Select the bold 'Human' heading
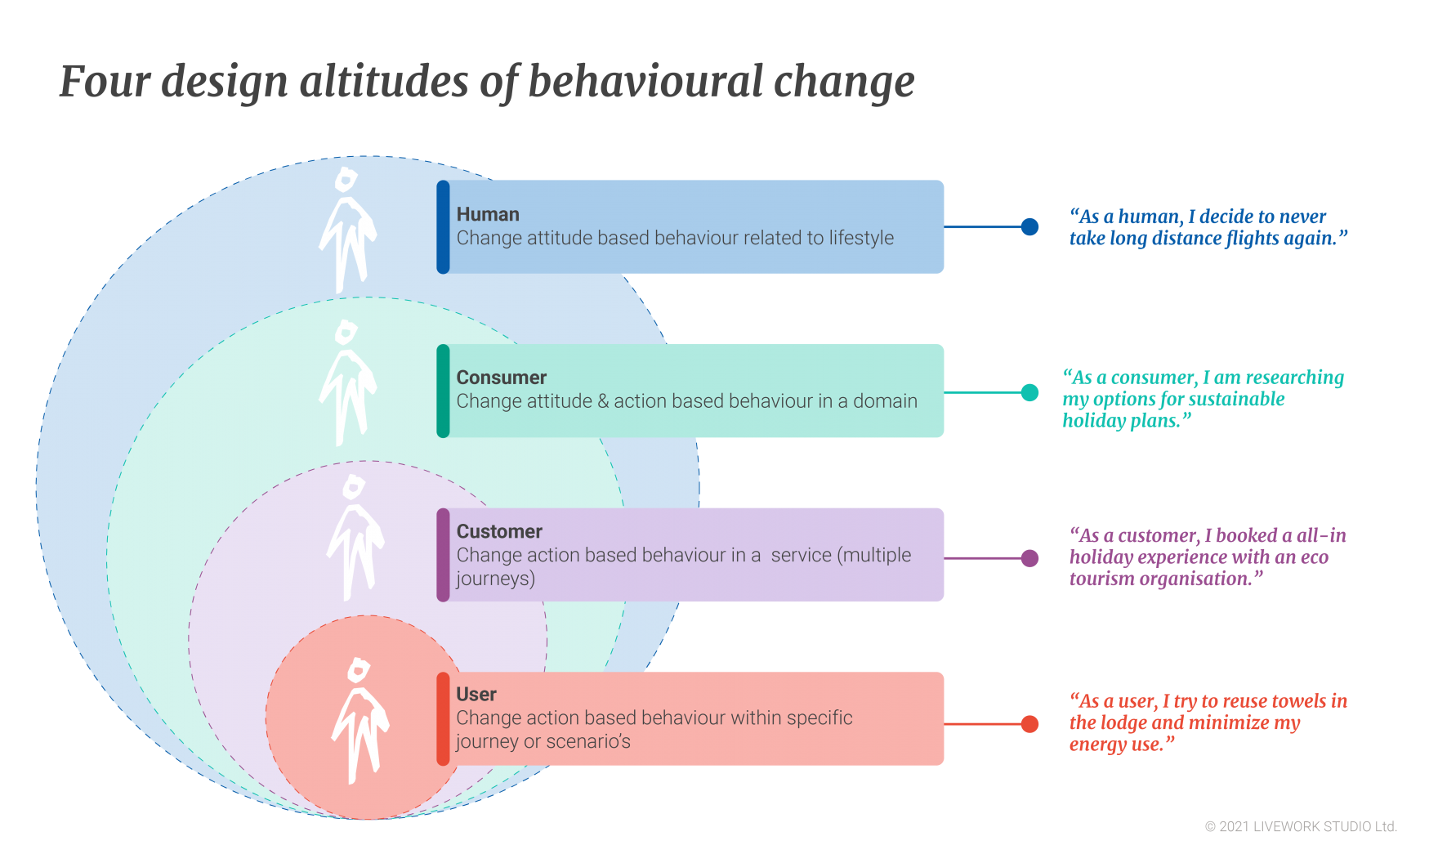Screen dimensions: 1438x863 click(x=488, y=214)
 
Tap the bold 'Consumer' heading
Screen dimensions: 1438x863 click(x=501, y=378)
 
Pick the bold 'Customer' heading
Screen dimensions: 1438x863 click(x=499, y=531)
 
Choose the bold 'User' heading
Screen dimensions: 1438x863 click(x=476, y=694)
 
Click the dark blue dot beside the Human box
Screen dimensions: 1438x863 click(x=1029, y=226)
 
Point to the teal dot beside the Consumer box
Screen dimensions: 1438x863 click(x=1029, y=392)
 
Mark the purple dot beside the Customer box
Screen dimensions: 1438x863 click(x=1029, y=558)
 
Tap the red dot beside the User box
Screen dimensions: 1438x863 click(x=1029, y=724)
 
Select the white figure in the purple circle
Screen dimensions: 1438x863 click(x=355, y=538)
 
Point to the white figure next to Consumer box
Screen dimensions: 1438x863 click(x=347, y=383)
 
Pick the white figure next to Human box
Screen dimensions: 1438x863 click(x=347, y=230)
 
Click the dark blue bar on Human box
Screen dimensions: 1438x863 click(x=443, y=227)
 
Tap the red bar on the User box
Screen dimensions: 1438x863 click(x=443, y=719)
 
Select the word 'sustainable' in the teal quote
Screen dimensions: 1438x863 click(x=1235, y=399)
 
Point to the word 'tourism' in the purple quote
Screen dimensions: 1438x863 click(x=1102, y=579)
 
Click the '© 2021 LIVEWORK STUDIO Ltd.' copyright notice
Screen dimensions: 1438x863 click(x=1301, y=827)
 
